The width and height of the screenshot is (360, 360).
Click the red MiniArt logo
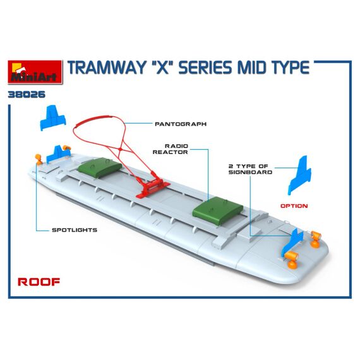pos(35,72)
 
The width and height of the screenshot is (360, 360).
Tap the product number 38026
pos(27,94)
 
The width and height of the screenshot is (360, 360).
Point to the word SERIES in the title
pos(205,68)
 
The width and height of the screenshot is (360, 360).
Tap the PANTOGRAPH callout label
pos(181,124)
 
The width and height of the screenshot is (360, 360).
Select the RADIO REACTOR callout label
pos(171,149)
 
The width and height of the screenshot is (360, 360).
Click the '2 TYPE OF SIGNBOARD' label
pos(251,169)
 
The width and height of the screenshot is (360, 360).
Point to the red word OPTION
pos(294,206)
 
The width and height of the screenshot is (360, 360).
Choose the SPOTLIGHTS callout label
pos(75,230)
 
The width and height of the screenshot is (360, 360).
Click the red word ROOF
pos(39,282)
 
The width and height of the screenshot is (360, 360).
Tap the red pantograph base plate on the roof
pos(153,188)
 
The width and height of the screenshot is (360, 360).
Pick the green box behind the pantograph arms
pos(100,167)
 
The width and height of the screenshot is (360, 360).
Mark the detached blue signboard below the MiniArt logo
pos(53,117)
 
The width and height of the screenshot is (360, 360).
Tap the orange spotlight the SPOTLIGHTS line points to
pos(39,160)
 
